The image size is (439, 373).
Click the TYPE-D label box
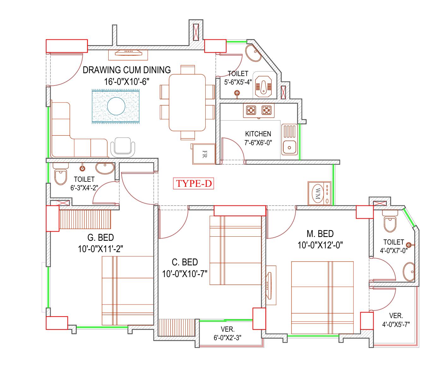[x=193, y=183]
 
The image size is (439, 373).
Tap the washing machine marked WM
[x=319, y=193]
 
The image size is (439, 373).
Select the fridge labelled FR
[x=203, y=154]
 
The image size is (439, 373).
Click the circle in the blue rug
[x=116, y=106]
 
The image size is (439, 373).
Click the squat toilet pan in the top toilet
[x=263, y=86]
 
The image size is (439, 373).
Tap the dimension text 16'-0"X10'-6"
[x=127, y=82]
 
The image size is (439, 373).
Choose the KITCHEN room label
[x=258, y=134]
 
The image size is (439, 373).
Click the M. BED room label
[x=320, y=234]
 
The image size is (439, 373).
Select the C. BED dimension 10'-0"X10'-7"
[x=184, y=274]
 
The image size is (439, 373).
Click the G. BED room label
[x=100, y=237]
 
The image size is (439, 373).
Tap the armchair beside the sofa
[x=123, y=147]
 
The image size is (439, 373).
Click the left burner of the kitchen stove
[x=251, y=110]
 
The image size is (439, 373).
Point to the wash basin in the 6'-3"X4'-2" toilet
[x=105, y=168]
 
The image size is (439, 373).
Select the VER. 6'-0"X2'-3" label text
[x=227, y=333]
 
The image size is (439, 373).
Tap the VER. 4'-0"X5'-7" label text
[x=396, y=320]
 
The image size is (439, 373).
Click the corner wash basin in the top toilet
[x=253, y=53]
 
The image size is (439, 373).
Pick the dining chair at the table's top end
[x=188, y=70]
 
